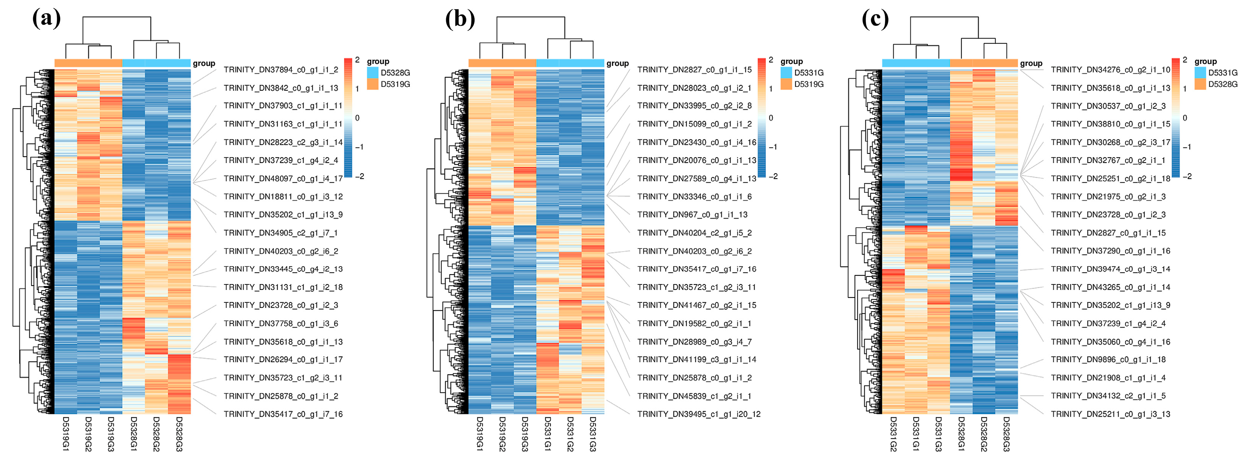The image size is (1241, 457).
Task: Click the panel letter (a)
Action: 46,19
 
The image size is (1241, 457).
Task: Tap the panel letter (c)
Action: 875,19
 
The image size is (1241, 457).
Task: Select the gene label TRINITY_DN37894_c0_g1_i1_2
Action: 281,70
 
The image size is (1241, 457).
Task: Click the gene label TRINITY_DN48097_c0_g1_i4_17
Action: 283,178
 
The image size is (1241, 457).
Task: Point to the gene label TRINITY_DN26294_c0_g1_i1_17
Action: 283,360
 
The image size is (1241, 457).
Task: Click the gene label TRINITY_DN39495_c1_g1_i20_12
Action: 698,414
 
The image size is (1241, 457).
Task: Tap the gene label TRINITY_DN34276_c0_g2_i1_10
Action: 1111,70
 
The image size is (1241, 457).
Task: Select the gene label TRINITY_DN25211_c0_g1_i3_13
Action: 1111,414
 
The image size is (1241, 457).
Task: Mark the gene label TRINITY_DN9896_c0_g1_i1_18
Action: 1108,360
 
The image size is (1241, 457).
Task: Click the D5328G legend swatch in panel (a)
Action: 372,73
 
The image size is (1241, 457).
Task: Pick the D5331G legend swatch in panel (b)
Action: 786,73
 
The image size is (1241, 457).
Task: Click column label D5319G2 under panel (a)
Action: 88,434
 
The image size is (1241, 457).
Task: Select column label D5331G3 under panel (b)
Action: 593,434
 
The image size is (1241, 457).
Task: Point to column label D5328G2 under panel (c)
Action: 984,434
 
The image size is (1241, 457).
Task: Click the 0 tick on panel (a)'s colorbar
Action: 357,118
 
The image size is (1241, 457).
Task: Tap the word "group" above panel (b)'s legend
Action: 792,61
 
